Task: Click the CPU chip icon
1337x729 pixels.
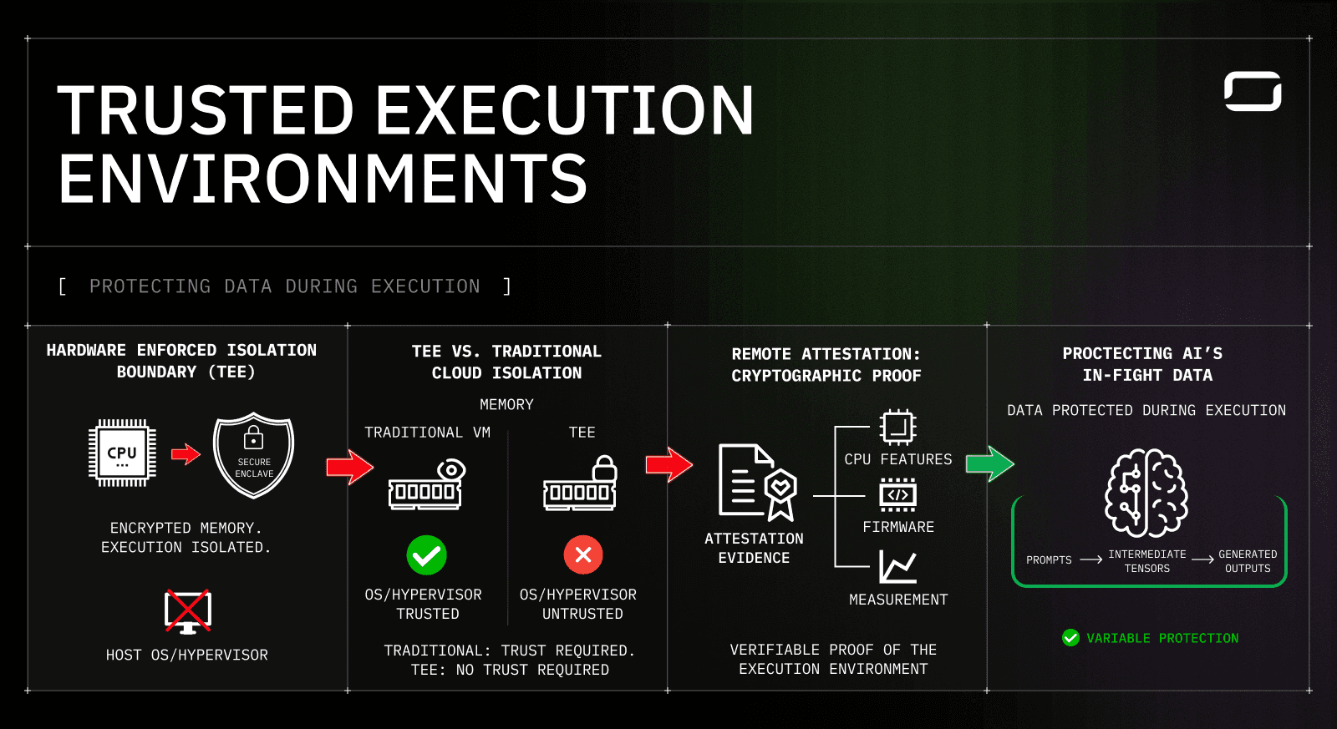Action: [122, 453]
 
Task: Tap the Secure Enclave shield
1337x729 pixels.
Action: [253, 455]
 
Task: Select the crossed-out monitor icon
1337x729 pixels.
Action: [188, 611]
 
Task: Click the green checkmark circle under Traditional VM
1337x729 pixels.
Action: [426, 555]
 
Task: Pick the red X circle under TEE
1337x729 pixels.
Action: [583, 555]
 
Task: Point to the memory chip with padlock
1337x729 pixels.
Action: [581, 483]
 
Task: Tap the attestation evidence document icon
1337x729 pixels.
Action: [757, 482]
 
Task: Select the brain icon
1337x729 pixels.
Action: [1146, 493]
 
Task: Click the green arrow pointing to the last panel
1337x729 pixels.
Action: [989, 463]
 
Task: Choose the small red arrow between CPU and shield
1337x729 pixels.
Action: [186, 454]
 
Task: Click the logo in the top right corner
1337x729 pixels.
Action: [1253, 91]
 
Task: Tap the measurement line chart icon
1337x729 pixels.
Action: [897, 567]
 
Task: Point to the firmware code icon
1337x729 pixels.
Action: [897, 494]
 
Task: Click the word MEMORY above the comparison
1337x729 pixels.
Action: [506, 404]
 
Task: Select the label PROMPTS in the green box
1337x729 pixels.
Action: [1049, 560]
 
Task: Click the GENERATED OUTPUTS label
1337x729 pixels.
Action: [1248, 561]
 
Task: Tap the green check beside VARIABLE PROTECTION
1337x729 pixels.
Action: [1070, 638]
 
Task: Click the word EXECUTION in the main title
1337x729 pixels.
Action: [564, 110]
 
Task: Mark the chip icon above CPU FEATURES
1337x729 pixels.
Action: [897, 428]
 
